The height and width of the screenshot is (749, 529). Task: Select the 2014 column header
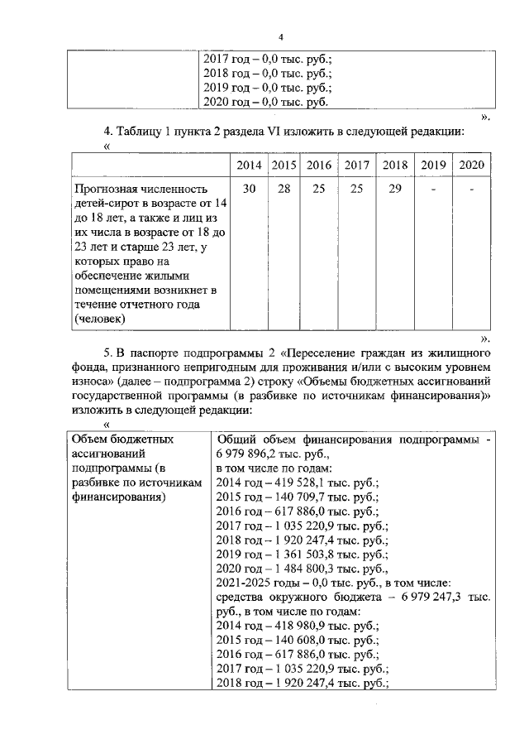[x=249, y=165]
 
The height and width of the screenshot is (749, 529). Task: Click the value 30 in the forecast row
[x=249, y=190]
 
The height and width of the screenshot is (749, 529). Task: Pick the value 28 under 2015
[x=284, y=190]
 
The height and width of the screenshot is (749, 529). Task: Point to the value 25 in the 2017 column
[x=356, y=190]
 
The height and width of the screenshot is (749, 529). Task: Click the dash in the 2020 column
[x=470, y=190]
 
